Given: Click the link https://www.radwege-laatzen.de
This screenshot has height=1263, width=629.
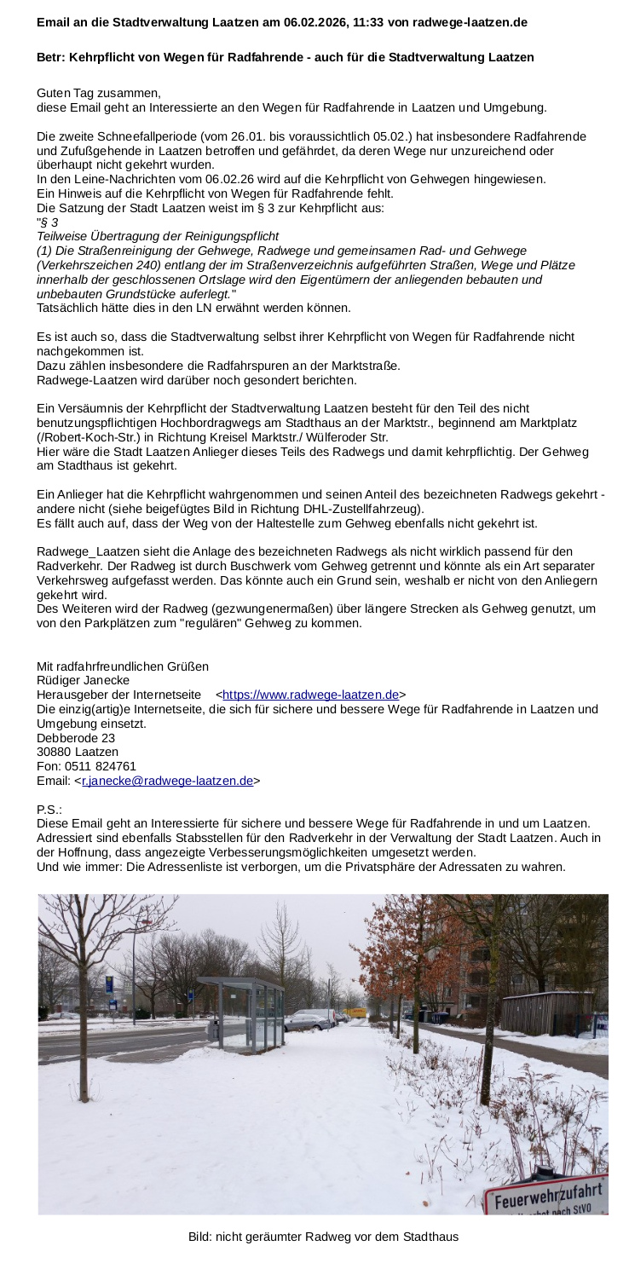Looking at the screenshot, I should coord(310,695).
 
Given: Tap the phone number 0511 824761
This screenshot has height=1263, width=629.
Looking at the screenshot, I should coord(101,766).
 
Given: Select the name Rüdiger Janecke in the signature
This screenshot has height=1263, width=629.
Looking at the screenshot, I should coord(84,680).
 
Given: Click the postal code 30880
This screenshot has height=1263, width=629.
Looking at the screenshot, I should coord(54,752).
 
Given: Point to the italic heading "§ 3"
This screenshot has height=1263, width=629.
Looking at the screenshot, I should coord(49,222).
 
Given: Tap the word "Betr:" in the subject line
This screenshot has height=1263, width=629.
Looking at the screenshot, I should coord(50,57).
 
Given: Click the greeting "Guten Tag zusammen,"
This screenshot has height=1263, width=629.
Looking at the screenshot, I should coord(98,93).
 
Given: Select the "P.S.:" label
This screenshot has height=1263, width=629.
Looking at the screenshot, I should coord(49,809).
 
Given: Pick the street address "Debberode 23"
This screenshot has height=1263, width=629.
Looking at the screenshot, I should coord(76,737).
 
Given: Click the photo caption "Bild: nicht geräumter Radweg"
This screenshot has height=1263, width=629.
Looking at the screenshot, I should coord(323,1237).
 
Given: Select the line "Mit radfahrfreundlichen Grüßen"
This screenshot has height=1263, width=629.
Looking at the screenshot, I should coord(123,666).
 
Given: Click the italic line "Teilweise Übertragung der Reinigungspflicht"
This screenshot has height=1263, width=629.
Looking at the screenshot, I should coord(158,236).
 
